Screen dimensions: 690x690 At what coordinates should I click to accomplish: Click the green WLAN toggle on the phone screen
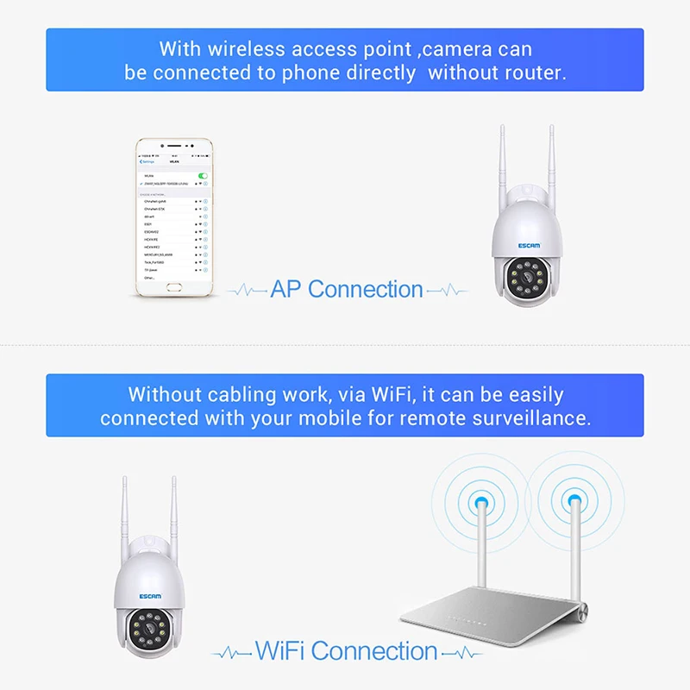coord(202,175)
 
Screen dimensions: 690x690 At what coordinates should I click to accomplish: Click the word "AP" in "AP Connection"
coord(286,290)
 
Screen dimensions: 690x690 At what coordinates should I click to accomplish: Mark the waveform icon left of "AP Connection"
coord(247,292)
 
